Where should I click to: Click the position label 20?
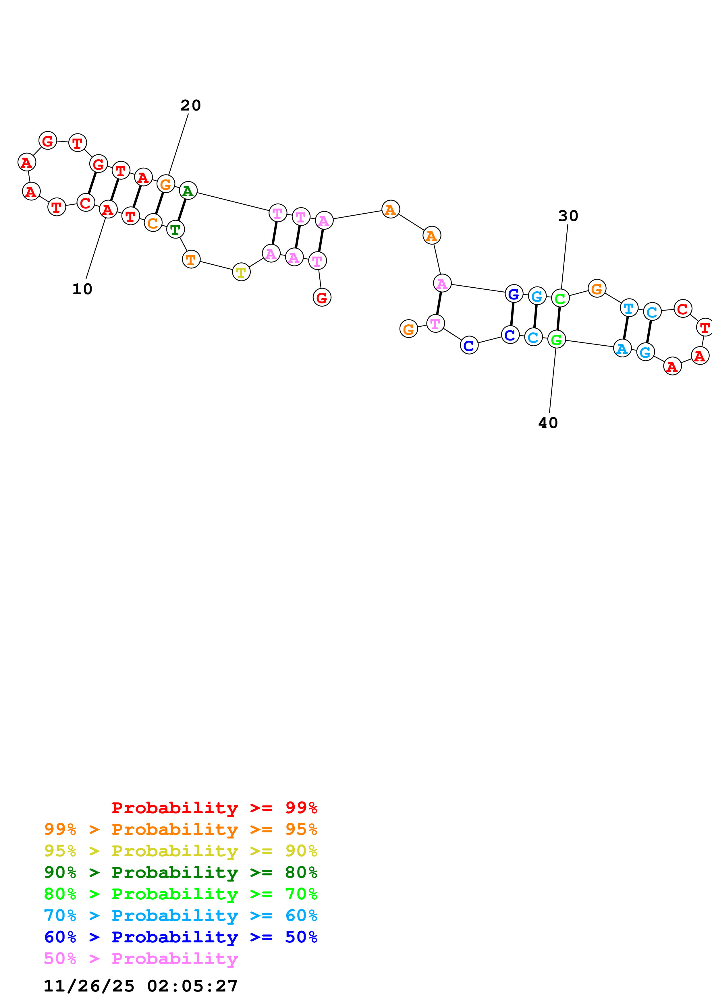pyautogui.click(x=190, y=105)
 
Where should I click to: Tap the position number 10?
pyautogui.click(x=82, y=289)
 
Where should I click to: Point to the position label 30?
pyautogui.click(x=568, y=216)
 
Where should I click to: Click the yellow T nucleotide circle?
pyautogui.click(x=241, y=272)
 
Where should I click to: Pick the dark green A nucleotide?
pyautogui.click(x=188, y=191)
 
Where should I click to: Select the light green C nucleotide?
pyautogui.click(x=560, y=299)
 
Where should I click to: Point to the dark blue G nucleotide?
pyautogui.click(x=514, y=294)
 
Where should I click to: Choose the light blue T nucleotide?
pyautogui.click(x=629, y=308)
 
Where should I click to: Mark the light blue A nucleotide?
pyautogui.click(x=622, y=349)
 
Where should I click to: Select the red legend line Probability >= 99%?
pyautogui.click(x=214, y=808)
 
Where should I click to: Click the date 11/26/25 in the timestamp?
pyautogui.click(x=89, y=986)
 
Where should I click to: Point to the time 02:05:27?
pyautogui.click(x=192, y=986)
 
